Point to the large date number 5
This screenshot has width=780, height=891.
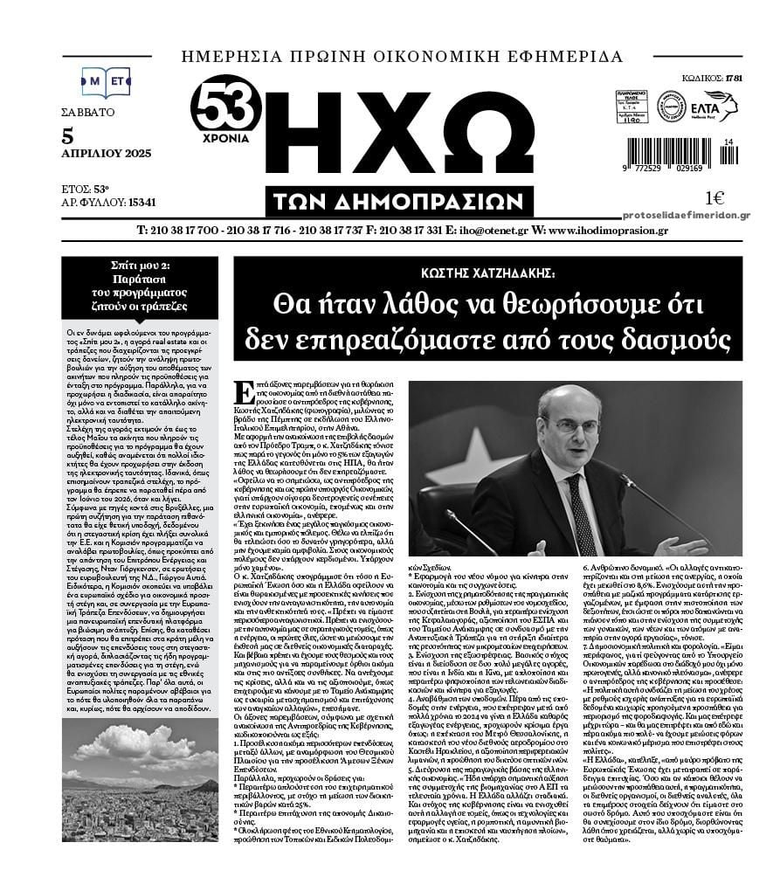click(68, 135)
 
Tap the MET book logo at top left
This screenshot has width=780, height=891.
click(106, 82)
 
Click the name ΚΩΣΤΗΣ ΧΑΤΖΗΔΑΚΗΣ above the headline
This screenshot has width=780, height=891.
click(487, 272)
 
